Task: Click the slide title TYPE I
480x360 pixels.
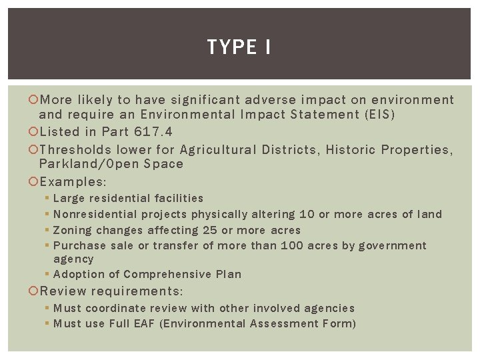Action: pos(239,47)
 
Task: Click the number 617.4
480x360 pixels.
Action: pos(153,132)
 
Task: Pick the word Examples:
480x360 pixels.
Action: pos(73,182)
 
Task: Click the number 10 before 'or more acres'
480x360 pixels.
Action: pos(307,214)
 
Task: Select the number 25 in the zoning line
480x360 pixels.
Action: pos(209,230)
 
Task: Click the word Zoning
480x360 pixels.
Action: pos(72,230)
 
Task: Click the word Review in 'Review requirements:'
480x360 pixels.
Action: pos(63,291)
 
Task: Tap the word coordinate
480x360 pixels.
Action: pos(116,308)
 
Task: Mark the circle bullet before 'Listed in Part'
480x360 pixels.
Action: pos(35,132)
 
